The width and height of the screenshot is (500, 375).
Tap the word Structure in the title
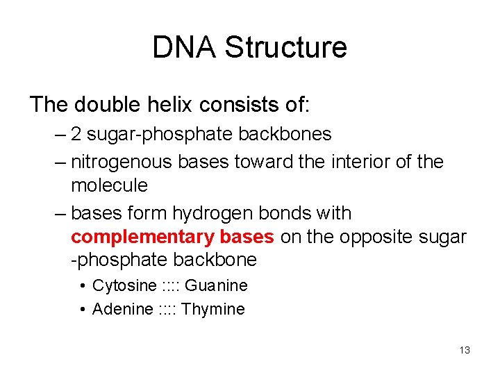pos(286,47)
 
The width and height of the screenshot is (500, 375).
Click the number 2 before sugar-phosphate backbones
pos(76,134)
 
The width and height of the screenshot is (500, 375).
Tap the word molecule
pos(109,185)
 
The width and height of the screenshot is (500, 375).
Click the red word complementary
pos(143,237)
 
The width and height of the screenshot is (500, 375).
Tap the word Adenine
pos(122,309)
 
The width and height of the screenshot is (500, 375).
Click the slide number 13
pos(465,350)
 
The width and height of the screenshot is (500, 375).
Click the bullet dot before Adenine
pos(83,309)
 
